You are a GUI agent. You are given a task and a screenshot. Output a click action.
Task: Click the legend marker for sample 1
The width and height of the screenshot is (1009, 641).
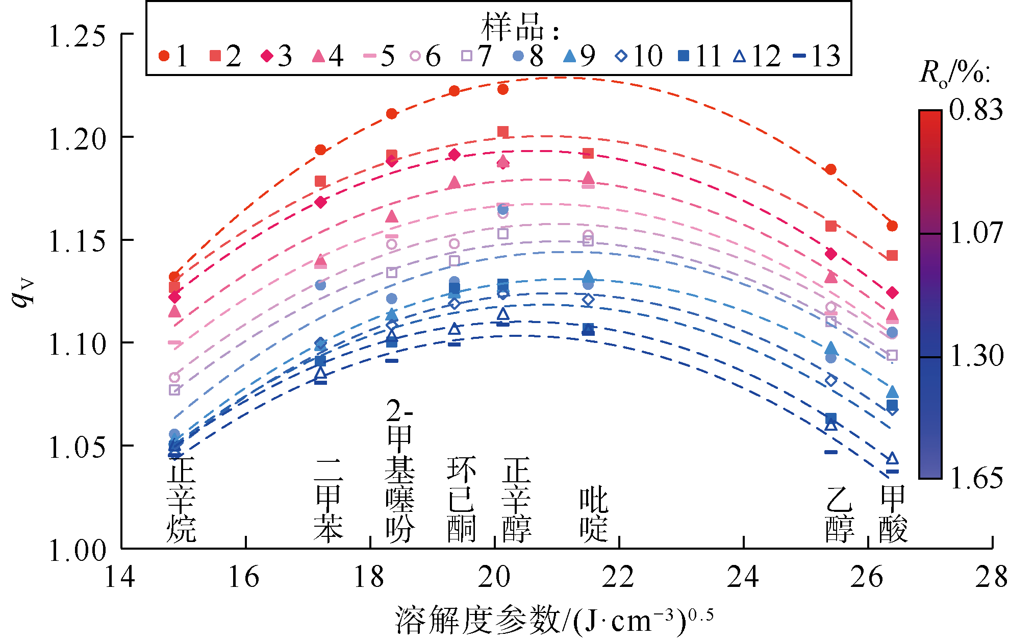click(164, 56)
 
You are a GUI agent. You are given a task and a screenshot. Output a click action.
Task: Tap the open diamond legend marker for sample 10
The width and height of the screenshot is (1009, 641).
click(621, 56)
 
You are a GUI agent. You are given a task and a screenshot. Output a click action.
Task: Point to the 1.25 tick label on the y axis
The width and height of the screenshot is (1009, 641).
click(77, 36)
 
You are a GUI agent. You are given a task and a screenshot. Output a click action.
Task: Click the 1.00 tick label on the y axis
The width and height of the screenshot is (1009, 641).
click(77, 550)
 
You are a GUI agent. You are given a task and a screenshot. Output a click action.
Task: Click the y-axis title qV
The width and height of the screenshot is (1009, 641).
click(23, 293)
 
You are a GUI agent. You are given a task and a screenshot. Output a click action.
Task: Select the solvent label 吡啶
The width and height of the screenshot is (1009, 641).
click(594, 514)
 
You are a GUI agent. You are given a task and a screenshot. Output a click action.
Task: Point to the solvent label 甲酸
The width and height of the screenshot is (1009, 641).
click(893, 514)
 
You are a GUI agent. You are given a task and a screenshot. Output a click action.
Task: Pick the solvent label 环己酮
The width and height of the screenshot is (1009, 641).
click(461, 499)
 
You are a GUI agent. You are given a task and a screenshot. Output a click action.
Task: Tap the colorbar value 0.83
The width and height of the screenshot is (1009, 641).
click(976, 110)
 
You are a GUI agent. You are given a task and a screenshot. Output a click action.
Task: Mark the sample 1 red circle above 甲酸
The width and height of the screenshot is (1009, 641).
click(892, 226)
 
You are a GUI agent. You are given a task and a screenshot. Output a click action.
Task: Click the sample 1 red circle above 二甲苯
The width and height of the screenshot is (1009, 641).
click(320, 150)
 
